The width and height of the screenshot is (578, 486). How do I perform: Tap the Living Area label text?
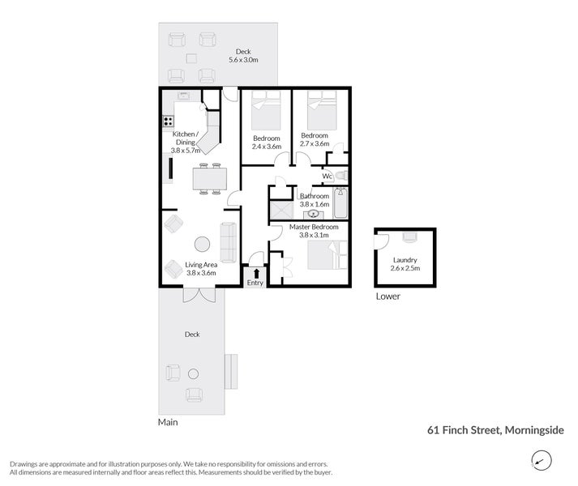[201, 265]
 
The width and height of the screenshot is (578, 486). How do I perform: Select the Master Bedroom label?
[311, 228]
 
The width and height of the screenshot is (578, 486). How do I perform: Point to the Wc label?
[327, 176]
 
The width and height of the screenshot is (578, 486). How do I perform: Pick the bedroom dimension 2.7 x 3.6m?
[315, 144]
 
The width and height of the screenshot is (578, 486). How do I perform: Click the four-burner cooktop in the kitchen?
[169, 122]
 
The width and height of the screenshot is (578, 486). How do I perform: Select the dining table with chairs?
[209, 178]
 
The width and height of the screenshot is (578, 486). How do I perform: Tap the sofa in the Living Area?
[228, 241]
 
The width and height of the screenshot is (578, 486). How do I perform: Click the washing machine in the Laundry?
[409, 237]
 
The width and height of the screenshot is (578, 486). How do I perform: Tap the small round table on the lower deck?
[193, 373]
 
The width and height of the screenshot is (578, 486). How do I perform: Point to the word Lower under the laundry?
[388, 296]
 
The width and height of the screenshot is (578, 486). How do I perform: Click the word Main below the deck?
[168, 422]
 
